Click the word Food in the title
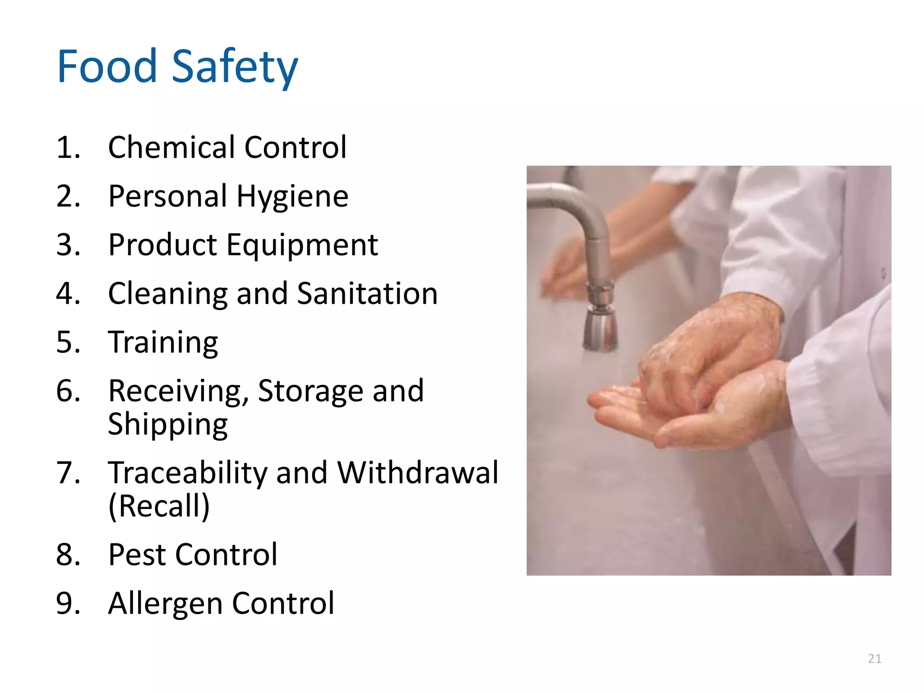point(107,67)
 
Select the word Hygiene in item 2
point(292,198)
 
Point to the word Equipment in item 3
point(302,246)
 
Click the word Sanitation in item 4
point(367,294)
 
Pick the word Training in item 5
point(163,343)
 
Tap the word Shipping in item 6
point(168,425)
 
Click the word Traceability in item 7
point(188,474)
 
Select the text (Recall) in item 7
point(159,506)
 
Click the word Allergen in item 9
point(164,604)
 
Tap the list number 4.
point(68,294)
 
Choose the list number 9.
point(68,604)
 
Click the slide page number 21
point(874,659)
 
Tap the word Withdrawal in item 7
point(418,473)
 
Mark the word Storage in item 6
point(310,391)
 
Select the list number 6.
point(68,391)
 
